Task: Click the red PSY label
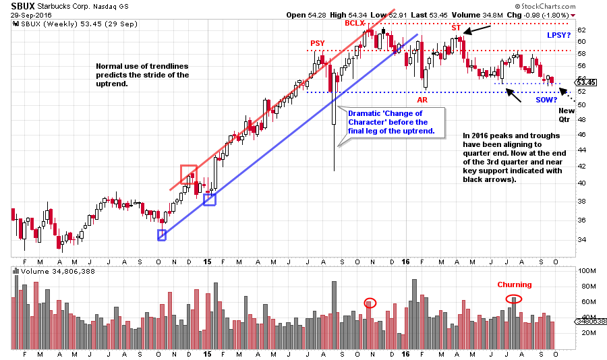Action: [317, 44]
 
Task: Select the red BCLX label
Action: [355, 23]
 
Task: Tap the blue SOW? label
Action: [547, 100]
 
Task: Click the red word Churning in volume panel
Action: [515, 284]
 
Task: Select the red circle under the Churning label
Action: [513, 299]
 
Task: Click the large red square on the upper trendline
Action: [189, 173]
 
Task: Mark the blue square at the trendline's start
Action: [162, 235]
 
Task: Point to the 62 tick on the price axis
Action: [581, 30]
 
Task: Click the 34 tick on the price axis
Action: [581, 239]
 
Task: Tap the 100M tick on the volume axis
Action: [585, 270]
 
